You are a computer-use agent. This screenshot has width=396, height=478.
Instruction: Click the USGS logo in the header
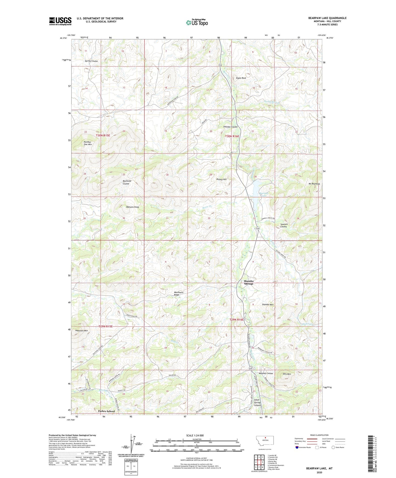coord(60,21)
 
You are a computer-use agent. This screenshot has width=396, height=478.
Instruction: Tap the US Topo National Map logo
coord(197,22)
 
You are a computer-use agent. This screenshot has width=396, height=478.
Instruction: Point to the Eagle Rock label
coord(241,78)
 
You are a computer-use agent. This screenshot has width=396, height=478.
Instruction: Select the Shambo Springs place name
coord(249,283)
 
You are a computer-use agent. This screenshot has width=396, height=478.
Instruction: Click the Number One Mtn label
coord(88,143)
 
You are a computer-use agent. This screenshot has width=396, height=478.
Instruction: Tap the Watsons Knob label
coord(129,207)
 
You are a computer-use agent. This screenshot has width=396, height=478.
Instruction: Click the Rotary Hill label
coord(221,179)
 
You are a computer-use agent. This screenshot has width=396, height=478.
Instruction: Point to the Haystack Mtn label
coord(81,330)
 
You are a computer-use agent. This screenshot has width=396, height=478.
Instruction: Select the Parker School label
coord(107,411)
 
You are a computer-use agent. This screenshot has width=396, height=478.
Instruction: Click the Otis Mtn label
coord(287,374)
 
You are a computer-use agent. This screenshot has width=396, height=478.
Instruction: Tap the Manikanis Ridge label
coord(179,294)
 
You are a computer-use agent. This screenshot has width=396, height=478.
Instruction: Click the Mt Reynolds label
coord(314,184)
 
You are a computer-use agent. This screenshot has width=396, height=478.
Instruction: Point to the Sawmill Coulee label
coord(284,225)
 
